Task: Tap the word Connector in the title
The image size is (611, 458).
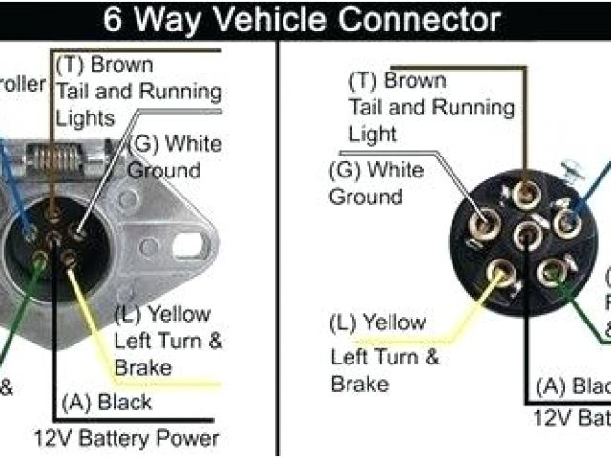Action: (426, 18)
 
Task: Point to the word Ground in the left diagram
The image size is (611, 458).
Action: (163, 171)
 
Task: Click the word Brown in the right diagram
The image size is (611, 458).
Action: (414, 80)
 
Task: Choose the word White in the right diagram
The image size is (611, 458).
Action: (390, 171)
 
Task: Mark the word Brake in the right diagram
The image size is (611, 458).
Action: (360, 383)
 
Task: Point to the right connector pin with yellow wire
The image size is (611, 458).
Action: (496, 274)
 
